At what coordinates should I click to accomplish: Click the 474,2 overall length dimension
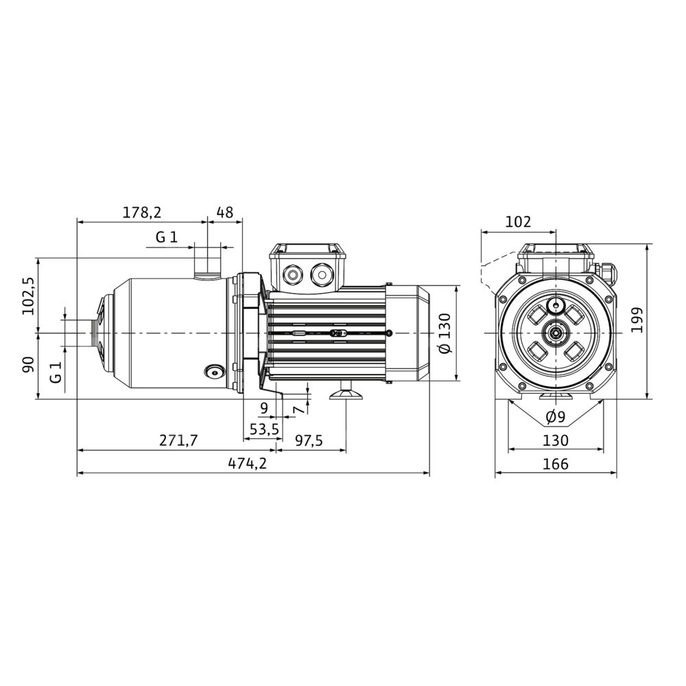(x=247, y=463)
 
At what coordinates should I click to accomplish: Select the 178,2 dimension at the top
(x=142, y=212)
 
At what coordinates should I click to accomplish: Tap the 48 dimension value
(x=225, y=212)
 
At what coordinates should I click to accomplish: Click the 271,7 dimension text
(x=178, y=440)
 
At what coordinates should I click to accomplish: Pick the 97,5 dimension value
(x=309, y=440)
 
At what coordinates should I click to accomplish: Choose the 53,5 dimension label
(x=264, y=429)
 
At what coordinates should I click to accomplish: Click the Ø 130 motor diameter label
(x=445, y=333)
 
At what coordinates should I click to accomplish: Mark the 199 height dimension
(x=637, y=320)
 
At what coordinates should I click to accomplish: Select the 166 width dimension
(x=556, y=463)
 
